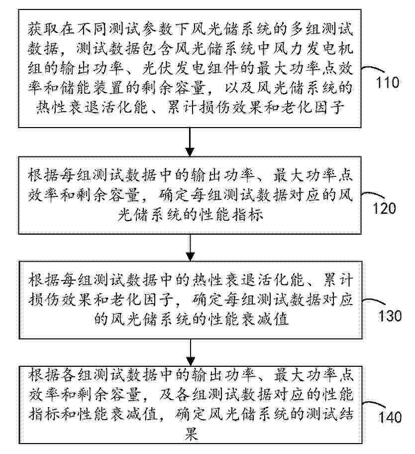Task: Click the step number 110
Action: pyautogui.click(x=389, y=82)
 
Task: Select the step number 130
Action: pyautogui.click(x=389, y=315)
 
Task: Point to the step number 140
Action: pyautogui.click(x=389, y=417)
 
